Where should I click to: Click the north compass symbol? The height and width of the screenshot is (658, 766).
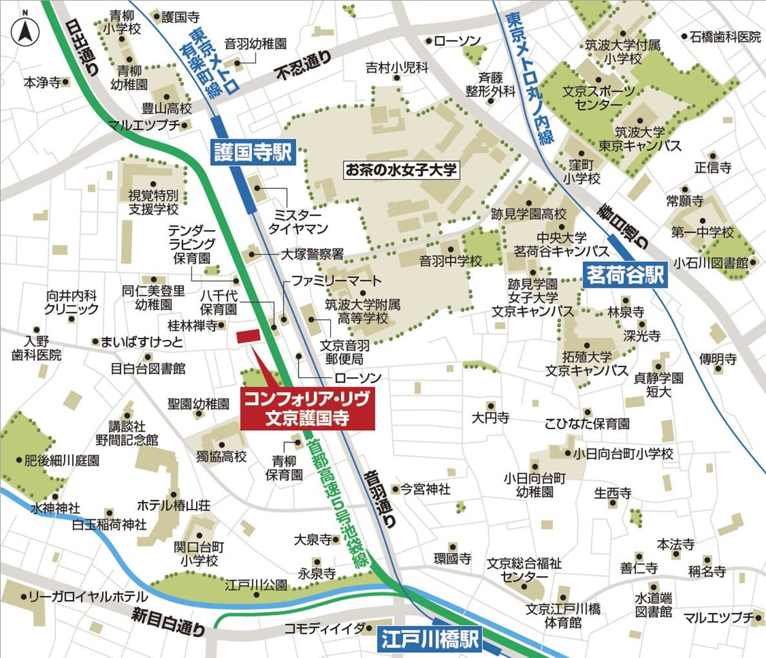pos(25,28)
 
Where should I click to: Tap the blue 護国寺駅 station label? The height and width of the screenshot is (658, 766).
pos(253,152)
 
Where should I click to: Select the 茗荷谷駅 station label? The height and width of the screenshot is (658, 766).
pos(624,275)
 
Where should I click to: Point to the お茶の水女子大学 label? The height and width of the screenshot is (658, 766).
pos(401,170)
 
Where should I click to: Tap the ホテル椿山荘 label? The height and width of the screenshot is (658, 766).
pos(173,505)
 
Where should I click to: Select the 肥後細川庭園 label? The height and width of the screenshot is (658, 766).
pos(62,461)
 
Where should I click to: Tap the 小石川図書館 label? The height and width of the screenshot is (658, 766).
pos(711,263)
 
